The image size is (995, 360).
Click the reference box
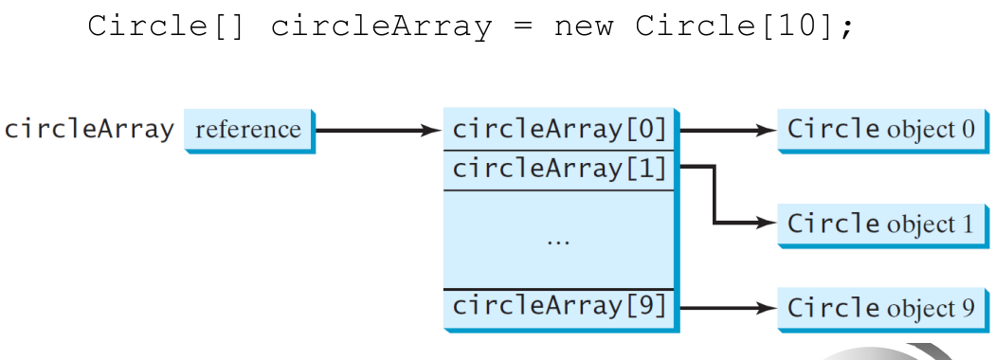coord(249,131)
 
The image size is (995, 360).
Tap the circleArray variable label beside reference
coord(89,130)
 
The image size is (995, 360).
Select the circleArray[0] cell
coord(561,130)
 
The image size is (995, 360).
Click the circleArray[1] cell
coord(561,171)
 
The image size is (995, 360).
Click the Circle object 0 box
coord(882,130)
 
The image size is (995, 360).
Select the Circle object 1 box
coord(882,225)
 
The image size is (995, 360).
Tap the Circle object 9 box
coord(882,309)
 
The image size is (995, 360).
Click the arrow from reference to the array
coord(378,131)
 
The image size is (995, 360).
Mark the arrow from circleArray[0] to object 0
coord(727,131)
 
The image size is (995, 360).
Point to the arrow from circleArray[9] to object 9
coord(727,309)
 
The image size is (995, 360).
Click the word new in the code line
coord(584,27)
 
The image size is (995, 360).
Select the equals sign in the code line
coord(522,27)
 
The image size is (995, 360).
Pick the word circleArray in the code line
coord(381,27)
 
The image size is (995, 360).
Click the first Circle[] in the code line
coord(166,27)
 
